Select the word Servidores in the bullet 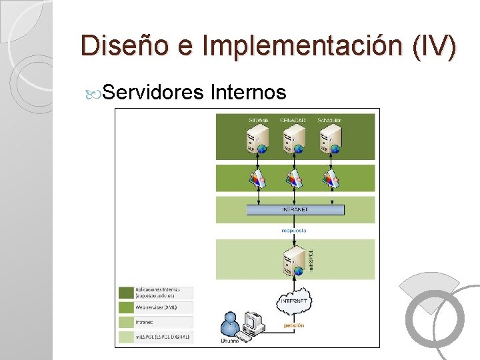coord(153,92)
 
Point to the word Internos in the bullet coord(248,92)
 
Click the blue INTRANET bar coord(295,209)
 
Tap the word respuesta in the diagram coord(294,230)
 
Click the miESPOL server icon coord(292,261)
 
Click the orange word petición coord(294,325)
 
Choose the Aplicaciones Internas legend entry coord(155,292)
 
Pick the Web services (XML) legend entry coord(155,307)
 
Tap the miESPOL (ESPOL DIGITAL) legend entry coord(155,337)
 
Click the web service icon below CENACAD coord(293,178)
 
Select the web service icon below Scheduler coord(330,178)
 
